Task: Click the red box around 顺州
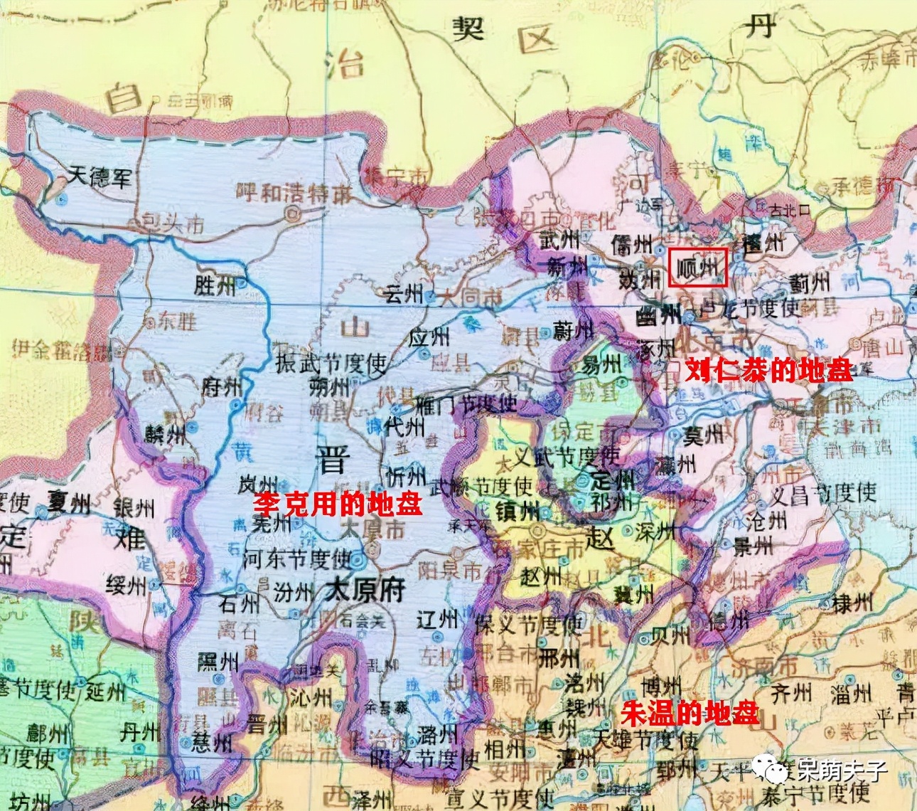[x=697, y=267]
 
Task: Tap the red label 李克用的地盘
[x=338, y=504]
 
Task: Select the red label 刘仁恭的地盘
[x=768, y=370]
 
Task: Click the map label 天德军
[x=100, y=176]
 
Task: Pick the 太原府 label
[x=365, y=590]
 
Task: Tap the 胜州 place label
[x=215, y=286]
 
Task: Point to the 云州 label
[x=402, y=292]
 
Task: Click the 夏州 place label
[x=69, y=504]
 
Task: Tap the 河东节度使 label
[x=297, y=558]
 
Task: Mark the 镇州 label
[x=518, y=511]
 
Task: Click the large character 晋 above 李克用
[x=331, y=460]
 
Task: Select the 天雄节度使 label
[x=646, y=741]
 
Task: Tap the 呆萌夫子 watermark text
[x=842, y=769]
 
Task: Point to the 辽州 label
[x=436, y=620]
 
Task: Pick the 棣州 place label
[x=852, y=604]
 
